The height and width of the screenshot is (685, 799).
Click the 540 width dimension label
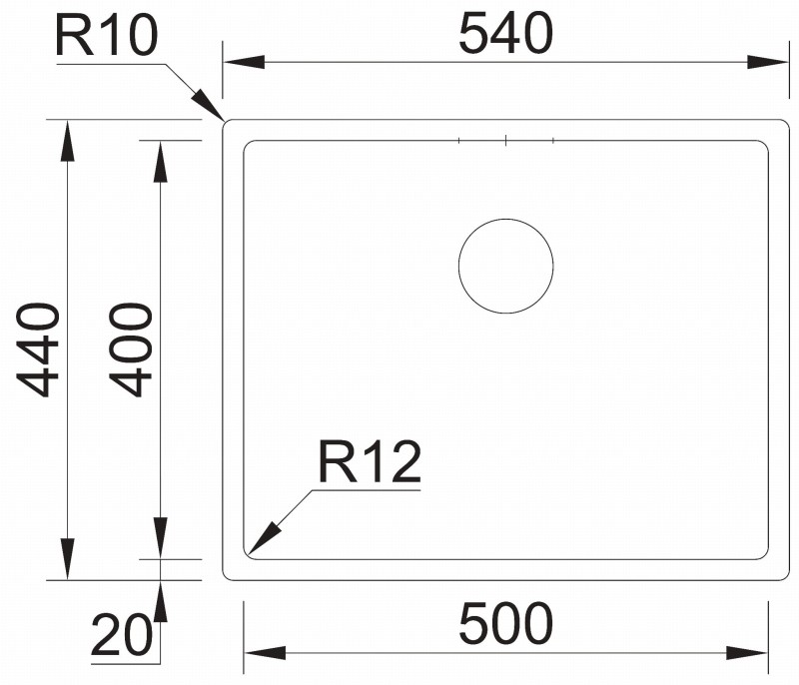tap(505, 34)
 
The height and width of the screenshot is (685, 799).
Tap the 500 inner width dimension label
tap(505, 623)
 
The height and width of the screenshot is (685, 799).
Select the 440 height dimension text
tap(38, 349)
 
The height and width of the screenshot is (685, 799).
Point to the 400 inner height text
tap(131, 349)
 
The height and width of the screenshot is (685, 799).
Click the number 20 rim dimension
tap(121, 635)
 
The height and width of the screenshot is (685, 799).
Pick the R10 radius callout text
tap(107, 36)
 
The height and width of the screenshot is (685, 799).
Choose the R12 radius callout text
tap(370, 462)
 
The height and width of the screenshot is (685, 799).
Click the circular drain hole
tap(506, 219)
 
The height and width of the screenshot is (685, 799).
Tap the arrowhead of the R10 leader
tap(209, 105)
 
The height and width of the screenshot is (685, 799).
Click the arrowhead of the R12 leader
tap(264, 538)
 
